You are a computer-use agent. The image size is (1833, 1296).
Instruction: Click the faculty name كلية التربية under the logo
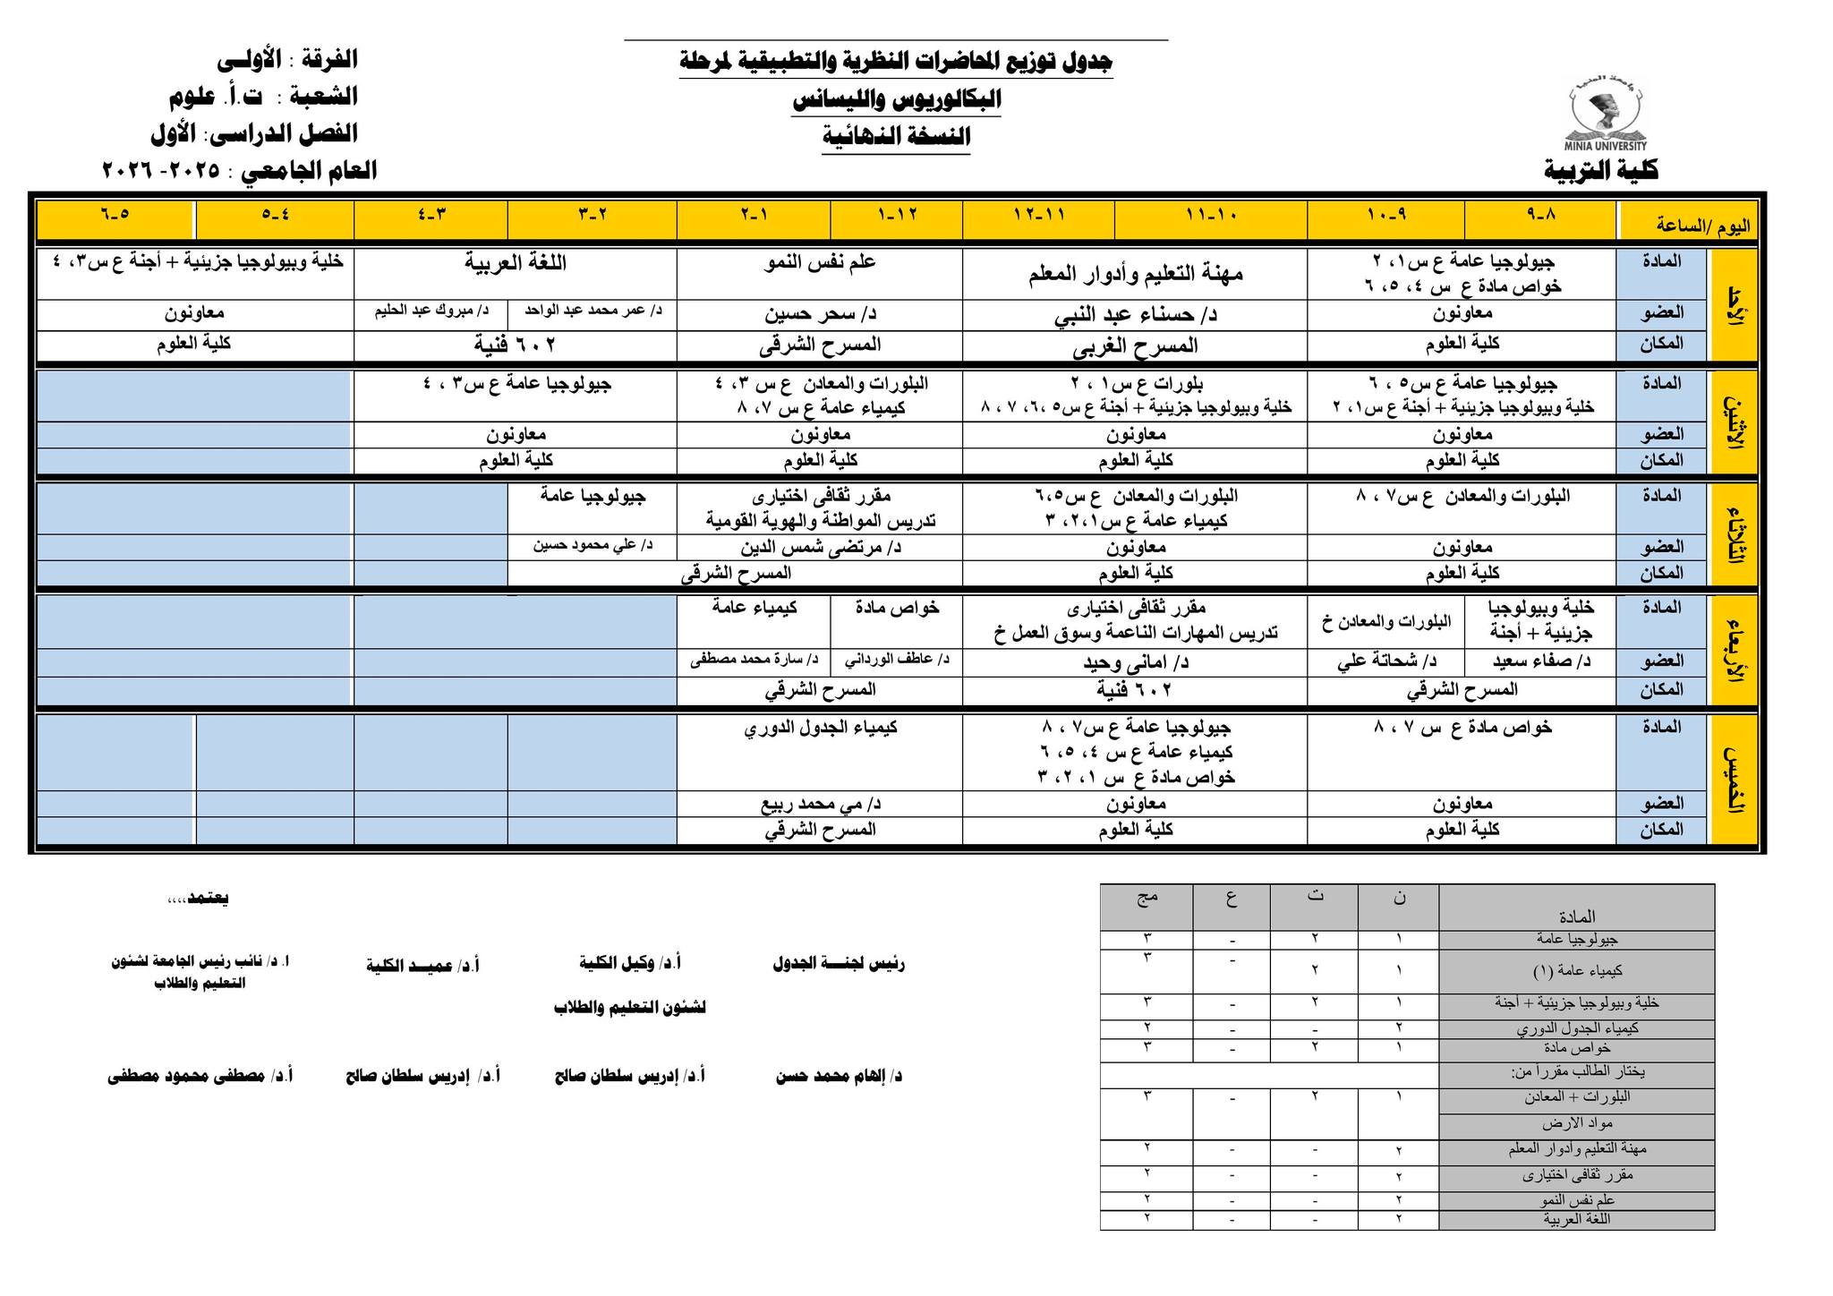click(1600, 170)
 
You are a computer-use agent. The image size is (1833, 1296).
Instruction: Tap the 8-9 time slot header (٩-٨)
click(1540, 216)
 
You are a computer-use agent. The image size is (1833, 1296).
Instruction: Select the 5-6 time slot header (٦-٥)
click(115, 216)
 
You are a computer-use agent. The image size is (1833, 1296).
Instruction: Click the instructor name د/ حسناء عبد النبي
click(1136, 315)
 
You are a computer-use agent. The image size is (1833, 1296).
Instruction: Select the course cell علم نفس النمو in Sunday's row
click(820, 262)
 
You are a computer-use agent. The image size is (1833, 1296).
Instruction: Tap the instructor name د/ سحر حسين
click(820, 314)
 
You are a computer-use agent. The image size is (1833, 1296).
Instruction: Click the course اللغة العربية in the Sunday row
click(516, 262)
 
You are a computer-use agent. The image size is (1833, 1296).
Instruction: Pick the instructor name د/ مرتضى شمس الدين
click(820, 547)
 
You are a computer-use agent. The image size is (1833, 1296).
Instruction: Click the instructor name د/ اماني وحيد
click(1135, 662)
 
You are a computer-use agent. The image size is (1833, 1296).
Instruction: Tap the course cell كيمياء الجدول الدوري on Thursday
click(820, 728)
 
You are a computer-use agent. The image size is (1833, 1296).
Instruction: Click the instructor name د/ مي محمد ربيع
click(820, 804)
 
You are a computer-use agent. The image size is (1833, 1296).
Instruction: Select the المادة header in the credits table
click(1576, 917)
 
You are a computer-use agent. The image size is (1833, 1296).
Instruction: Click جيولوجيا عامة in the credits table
click(1576, 939)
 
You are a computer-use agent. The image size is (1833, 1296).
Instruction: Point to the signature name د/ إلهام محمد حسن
click(839, 1076)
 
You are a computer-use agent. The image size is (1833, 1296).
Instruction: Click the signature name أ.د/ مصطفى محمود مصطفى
click(200, 1076)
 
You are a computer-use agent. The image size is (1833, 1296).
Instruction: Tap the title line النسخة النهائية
click(896, 137)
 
